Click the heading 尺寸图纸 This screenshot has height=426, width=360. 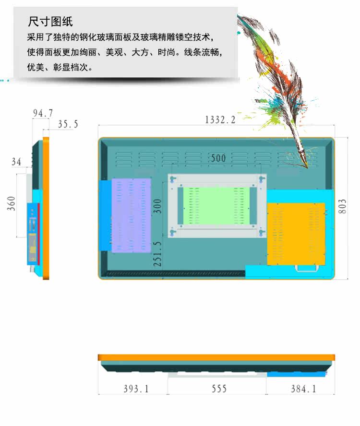pos(50,22)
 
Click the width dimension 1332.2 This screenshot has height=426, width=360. pos(220,120)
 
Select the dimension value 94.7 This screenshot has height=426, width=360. pos(43,113)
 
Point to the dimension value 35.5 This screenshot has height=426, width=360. pos(68,124)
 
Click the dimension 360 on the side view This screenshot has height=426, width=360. pos(12,203)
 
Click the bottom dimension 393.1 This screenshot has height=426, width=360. pos(136,389)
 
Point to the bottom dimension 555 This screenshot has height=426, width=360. pos(219,389)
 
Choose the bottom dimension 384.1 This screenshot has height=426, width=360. pos(303,389)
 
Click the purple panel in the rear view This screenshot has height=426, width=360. pos(131,215)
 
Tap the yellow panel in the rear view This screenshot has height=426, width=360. pos(296,234)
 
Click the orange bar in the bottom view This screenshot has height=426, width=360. pos(216,357)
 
